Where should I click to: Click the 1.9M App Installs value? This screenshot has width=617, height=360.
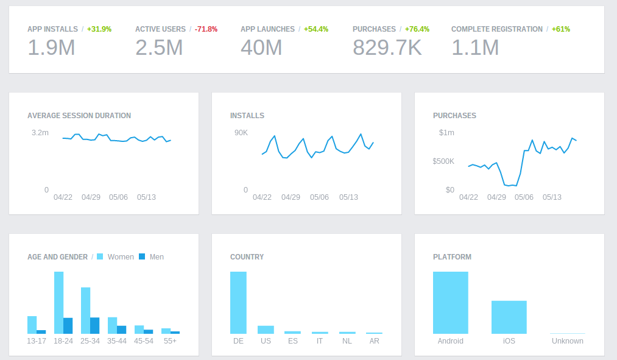point(51,48)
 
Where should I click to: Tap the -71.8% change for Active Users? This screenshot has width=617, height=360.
point(206,29)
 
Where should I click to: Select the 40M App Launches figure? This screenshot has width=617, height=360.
point(261,48)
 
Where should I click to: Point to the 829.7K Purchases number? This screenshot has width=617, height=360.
point(387,48)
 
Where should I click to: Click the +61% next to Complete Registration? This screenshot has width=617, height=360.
point(560,29)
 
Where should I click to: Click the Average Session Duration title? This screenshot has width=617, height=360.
point(79,116)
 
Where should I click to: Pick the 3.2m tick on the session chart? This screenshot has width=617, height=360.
point(40,133)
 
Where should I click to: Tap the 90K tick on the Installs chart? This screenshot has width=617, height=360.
point(241,133)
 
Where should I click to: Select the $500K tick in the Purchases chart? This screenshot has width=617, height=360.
point(443,161)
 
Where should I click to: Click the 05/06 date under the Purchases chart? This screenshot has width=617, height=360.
point(524,197)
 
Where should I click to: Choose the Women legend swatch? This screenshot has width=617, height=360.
point(100,257)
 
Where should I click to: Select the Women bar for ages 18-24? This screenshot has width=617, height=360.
point(59,302)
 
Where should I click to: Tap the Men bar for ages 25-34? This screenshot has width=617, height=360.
point(95,325)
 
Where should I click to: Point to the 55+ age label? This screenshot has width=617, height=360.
point(171,341)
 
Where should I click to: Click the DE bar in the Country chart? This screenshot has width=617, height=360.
point(238,302)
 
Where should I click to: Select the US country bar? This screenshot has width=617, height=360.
point(266,330)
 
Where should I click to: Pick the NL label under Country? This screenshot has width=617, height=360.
point(347,341)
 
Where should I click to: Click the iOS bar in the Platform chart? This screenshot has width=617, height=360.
point(509,317)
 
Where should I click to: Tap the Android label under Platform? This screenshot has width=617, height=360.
point(451,341)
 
